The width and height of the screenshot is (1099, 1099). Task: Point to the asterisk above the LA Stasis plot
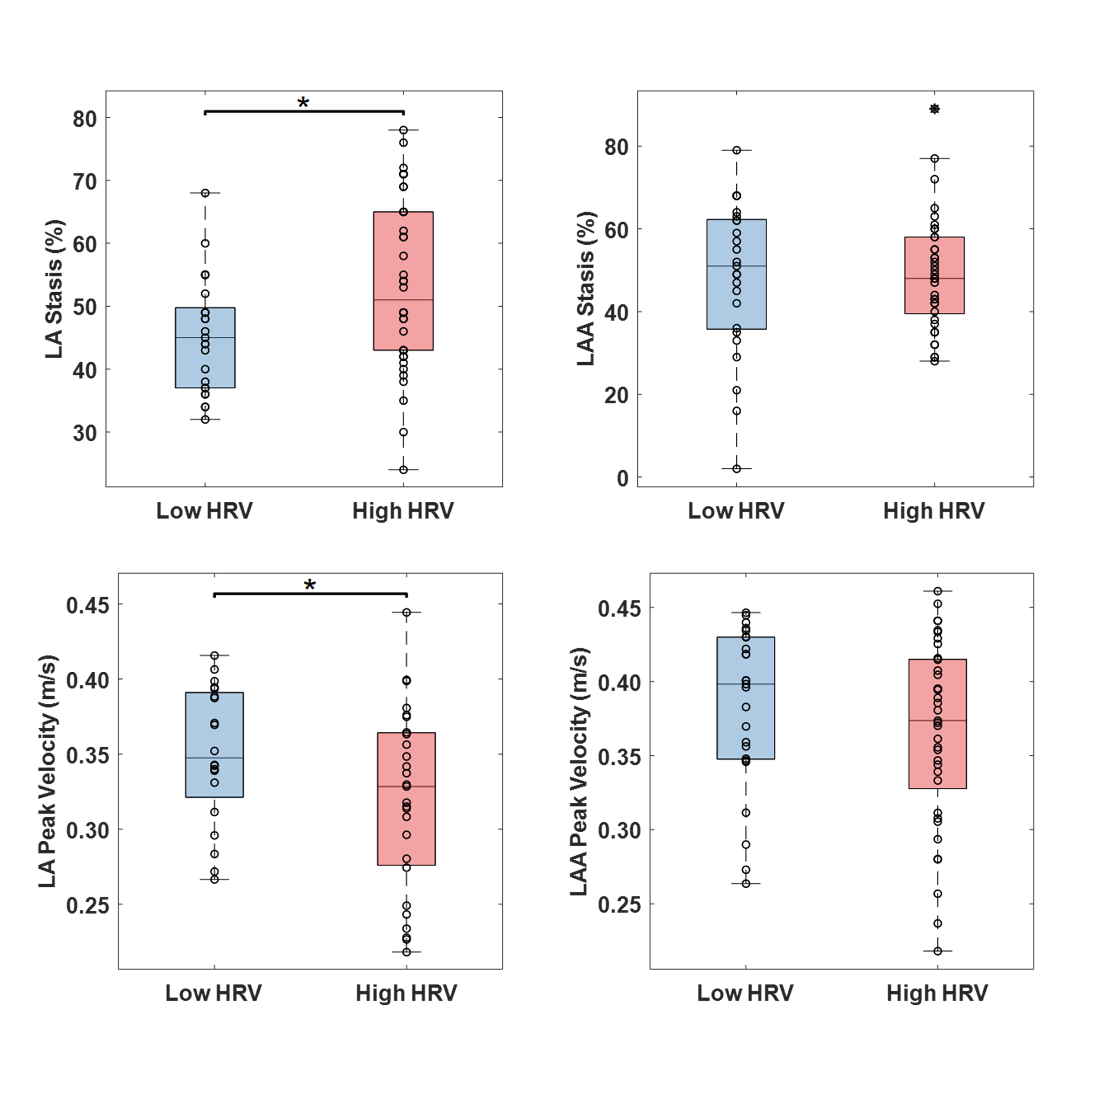point(303,103)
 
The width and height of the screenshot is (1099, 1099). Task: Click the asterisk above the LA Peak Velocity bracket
point(310,585)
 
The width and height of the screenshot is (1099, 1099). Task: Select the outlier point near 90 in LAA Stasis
point(934,109)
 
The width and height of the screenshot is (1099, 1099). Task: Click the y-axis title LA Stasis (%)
point(54,289)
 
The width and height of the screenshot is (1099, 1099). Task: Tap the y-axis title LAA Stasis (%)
point(586,289)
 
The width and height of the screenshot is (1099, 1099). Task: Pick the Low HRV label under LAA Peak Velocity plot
point(745,993)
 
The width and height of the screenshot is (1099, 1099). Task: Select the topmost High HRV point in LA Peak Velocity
point(406,613)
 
